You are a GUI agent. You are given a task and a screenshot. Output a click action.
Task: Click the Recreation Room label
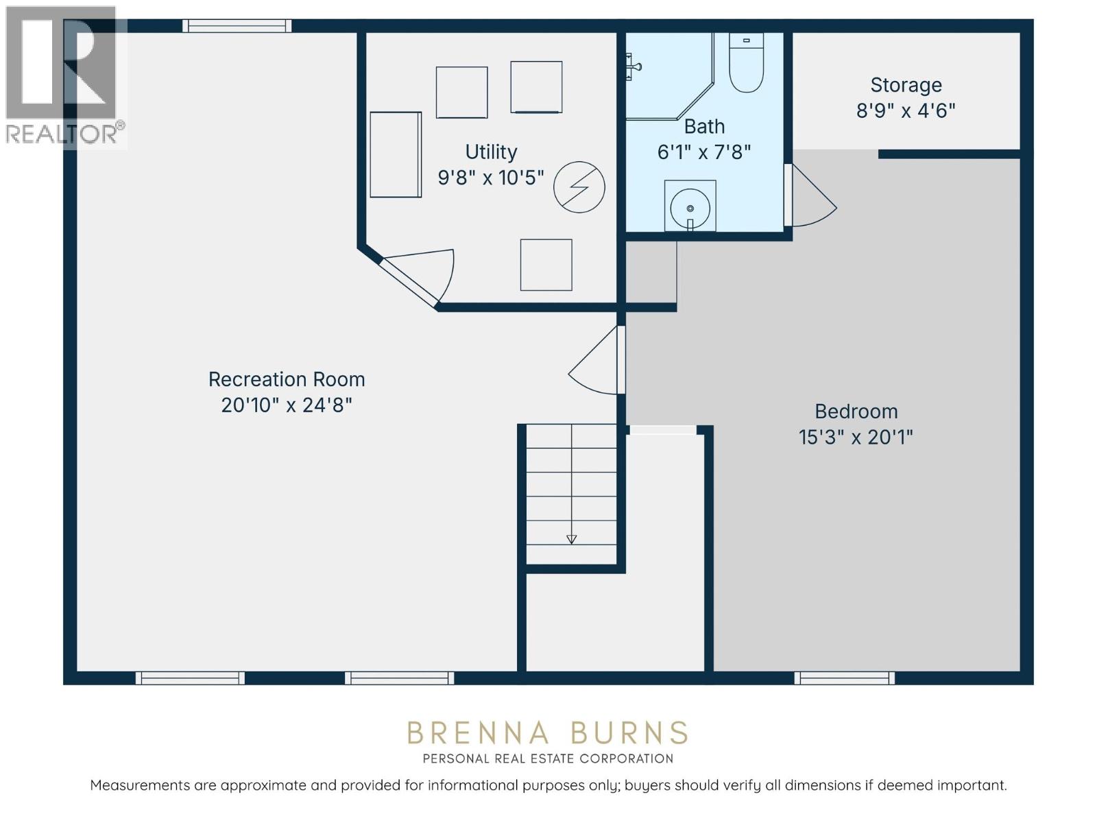[x=287, y=379]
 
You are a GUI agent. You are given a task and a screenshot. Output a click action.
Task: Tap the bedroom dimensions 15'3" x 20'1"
[x=856, y=437]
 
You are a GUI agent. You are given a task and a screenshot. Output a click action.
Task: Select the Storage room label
[x=906, y=85]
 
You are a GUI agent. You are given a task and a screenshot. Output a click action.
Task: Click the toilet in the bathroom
[x=746, y=65]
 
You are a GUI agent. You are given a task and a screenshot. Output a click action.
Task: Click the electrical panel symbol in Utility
[x=579, y=187]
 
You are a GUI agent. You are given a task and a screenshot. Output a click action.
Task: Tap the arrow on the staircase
[x=571, y=539]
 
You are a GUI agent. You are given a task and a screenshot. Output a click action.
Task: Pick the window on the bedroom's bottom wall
[x=844, y=678]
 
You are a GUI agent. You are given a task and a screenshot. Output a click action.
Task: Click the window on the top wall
[x=237, y=26]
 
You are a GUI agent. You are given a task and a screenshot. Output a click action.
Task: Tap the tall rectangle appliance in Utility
[x=396, y=155]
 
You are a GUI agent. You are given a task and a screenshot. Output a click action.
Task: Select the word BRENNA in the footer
[x=478, y=733]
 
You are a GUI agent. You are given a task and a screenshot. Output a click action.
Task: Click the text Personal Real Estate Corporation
[x=548, y=759]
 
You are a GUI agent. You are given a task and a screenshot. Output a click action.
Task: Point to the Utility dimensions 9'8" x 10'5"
[x=491, y=178]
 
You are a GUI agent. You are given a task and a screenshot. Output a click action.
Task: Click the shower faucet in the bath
[x=632, y=67]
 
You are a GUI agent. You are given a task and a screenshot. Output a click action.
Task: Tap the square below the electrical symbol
[x=546, y=265]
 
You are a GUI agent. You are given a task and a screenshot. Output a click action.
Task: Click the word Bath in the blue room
[x=704, y=126]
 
